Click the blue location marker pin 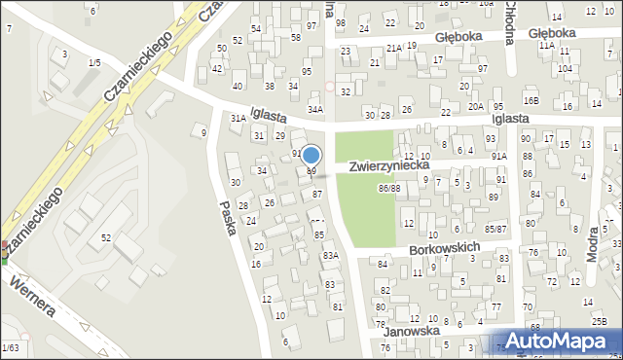(x=311, y=155)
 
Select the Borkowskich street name (x=445, y=248)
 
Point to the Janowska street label (x=411, y=331)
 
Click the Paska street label (x=231, y=222)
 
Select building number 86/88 (x=389, y=187)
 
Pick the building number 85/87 (x=496, y=229)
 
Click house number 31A (x=238, y=118)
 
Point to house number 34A (x=314, y=110)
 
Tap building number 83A (x=330, y=255)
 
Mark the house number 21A (x=392, y=47)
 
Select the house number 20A (x=475, y=106)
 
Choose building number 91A (x=499, y=156)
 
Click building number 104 (x=565, y=69)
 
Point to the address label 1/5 (x=93, y=62)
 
